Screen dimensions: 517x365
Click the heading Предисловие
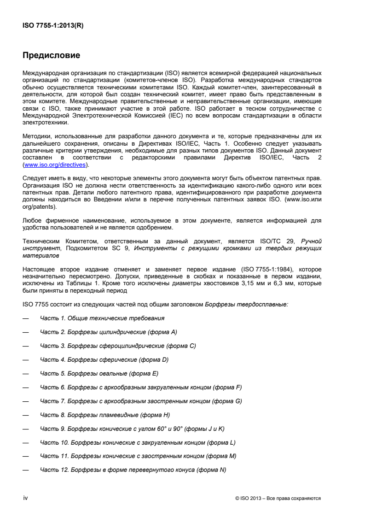52,56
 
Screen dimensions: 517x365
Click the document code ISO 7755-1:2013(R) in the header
53,26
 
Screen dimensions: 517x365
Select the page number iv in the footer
26,498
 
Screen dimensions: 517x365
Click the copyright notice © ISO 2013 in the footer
278,498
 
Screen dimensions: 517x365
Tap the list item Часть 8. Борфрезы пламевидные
105,415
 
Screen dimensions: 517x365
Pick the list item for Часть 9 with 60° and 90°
132,429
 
